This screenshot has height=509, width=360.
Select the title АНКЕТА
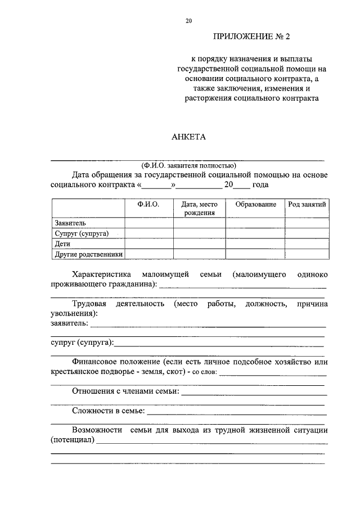[x=188, y=137]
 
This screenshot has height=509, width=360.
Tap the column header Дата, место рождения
[x=199, y=209]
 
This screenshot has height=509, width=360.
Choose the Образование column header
[x=256, y=205]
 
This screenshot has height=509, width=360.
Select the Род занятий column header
[x=307, y=205]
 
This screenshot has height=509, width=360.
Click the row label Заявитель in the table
[x=70, y=223]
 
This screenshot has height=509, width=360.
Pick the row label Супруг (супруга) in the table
[x=82, y=233]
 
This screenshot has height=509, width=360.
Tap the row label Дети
[x=62, y=244]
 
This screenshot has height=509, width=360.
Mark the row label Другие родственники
[x=88, y=254]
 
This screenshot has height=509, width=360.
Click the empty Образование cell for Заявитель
[x=256, y=223]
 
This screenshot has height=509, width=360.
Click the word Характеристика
[x=102, y=274]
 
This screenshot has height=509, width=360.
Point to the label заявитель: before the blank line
[x=69, y=324]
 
